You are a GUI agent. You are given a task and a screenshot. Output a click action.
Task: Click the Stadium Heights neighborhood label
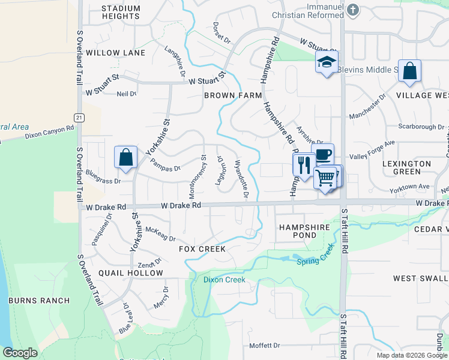pos(121,13)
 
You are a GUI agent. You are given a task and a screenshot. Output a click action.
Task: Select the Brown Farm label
pos(233,95)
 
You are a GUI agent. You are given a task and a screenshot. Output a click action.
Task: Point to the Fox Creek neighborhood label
pos(202,248)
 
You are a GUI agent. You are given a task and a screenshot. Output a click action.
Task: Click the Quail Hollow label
pos(131,273)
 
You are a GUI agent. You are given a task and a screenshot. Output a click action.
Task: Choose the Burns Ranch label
pos(39,301)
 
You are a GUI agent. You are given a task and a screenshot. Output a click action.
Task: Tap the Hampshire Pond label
pos(305,232)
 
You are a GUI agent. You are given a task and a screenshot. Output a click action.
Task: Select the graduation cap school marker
pos(327,62)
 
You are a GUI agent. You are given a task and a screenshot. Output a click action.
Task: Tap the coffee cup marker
pos(323,154)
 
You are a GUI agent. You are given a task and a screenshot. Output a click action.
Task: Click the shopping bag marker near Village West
pos(409,71)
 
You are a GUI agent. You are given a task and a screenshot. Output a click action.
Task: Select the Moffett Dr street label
pos(265,346)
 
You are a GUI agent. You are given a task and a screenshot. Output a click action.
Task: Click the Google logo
pos(20,353)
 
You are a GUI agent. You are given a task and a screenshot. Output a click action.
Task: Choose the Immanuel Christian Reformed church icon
pos(353,10)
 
